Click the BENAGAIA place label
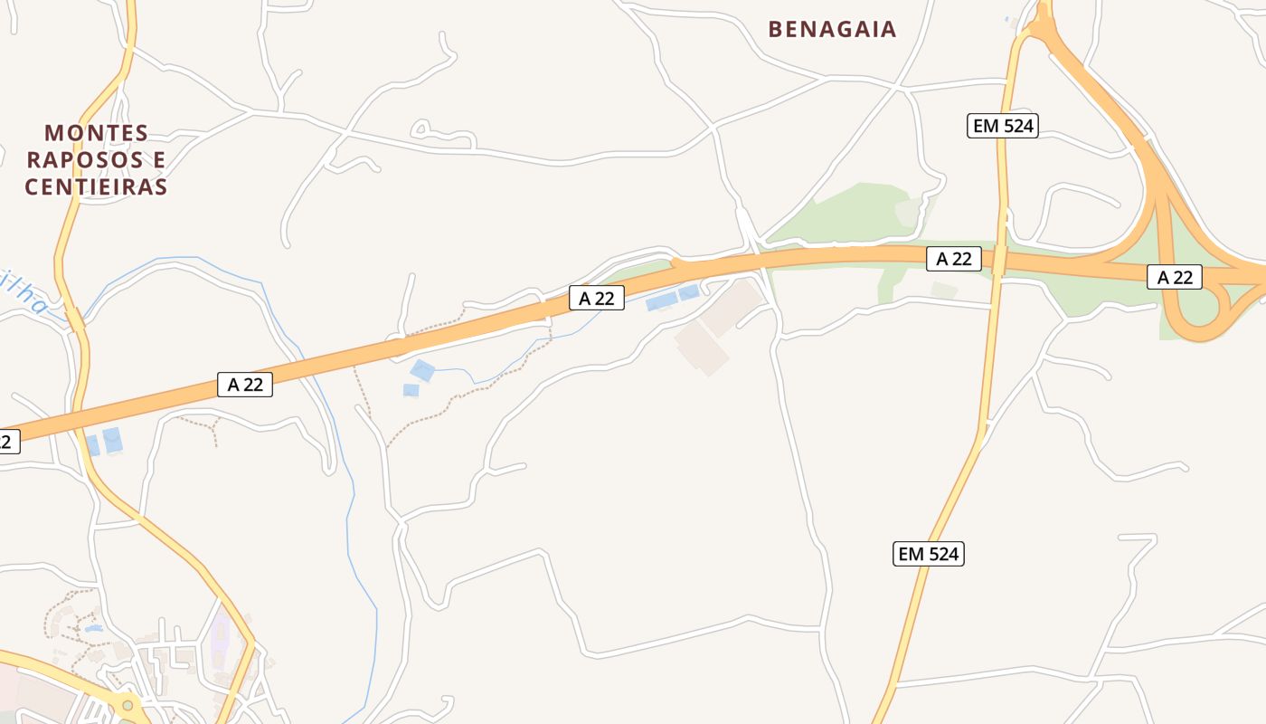(832, 29)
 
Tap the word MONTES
(97, 133)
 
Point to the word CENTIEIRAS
(96, 187)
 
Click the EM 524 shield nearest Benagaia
(1002, 126)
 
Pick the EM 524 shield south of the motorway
(929, 554)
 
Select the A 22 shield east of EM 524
(1175, 277)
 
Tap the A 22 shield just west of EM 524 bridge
(953, 259)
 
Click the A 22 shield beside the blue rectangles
(597, 297)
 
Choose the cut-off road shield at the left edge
(7, 442)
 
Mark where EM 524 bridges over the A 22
(999, 261)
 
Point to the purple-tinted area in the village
(221, 638)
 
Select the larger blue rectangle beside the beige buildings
(661, 302)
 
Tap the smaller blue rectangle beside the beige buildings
(689, 292)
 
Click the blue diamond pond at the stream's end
(421, 370)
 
